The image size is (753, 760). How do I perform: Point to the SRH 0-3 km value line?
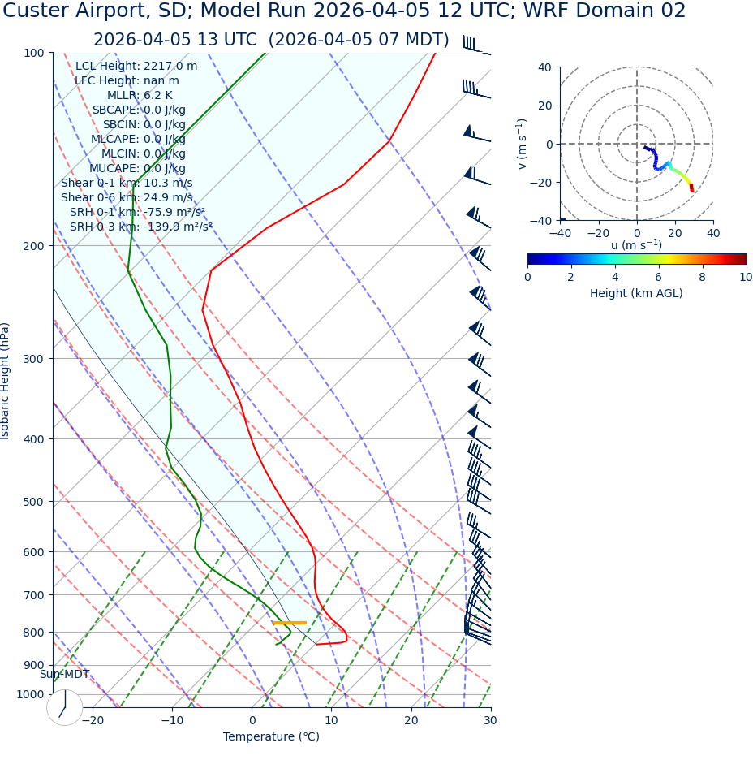140,227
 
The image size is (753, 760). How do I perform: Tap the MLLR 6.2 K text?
140,95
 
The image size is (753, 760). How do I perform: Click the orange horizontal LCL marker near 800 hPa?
290,623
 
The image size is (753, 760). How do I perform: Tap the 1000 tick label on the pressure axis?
31,694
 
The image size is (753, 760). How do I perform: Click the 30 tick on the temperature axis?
490,720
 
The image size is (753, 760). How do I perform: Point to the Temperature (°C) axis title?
271,736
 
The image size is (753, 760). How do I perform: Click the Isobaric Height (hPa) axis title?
6,381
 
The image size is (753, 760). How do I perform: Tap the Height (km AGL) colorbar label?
636,293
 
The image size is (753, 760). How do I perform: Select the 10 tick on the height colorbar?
746,277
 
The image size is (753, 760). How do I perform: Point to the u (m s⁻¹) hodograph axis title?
636,245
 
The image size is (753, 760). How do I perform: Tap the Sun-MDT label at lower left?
64,674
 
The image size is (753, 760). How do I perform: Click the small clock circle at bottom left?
65,707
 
